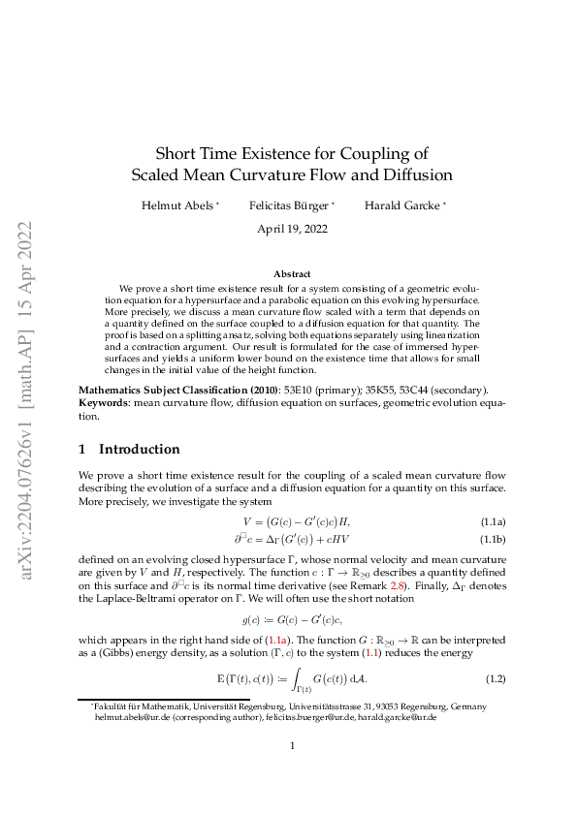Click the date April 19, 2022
(x=292, y=230)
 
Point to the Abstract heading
(x=292, y=274)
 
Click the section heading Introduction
(x=139, y=449)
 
